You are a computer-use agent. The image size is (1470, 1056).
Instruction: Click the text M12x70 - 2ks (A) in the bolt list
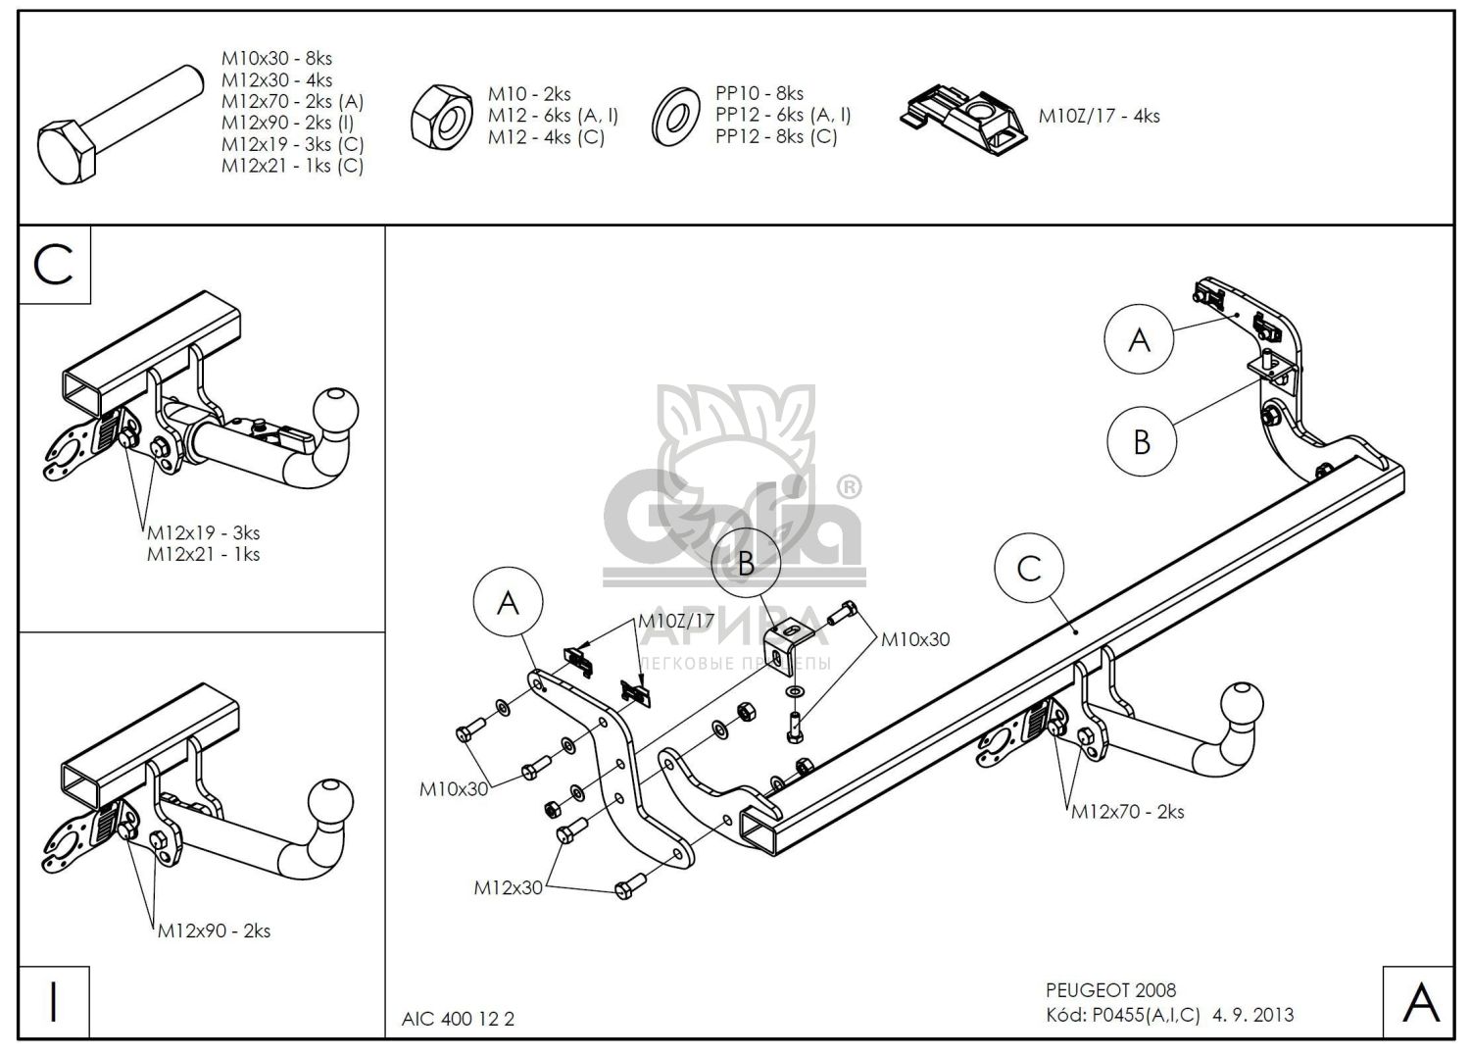click(292, 101)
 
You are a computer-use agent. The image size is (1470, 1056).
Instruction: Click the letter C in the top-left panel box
click(54, 264)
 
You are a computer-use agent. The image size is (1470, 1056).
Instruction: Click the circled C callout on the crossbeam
click(1029, 569)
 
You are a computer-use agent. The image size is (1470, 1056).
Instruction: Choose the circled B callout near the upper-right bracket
click(1142, 441)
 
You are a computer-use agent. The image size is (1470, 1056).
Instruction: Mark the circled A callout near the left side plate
click(508, 603)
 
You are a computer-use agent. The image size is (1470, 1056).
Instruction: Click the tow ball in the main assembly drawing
click(1244, 707)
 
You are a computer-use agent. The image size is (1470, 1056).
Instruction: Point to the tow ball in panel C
click(335, 410)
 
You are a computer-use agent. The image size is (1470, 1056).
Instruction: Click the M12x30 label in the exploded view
click(508, 887)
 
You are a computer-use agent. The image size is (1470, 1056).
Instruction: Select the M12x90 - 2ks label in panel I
click(214, 930)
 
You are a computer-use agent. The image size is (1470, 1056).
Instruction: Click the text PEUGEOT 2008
click(1110, 990)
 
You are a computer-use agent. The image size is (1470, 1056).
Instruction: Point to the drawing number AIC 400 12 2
click(458, 1019)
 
